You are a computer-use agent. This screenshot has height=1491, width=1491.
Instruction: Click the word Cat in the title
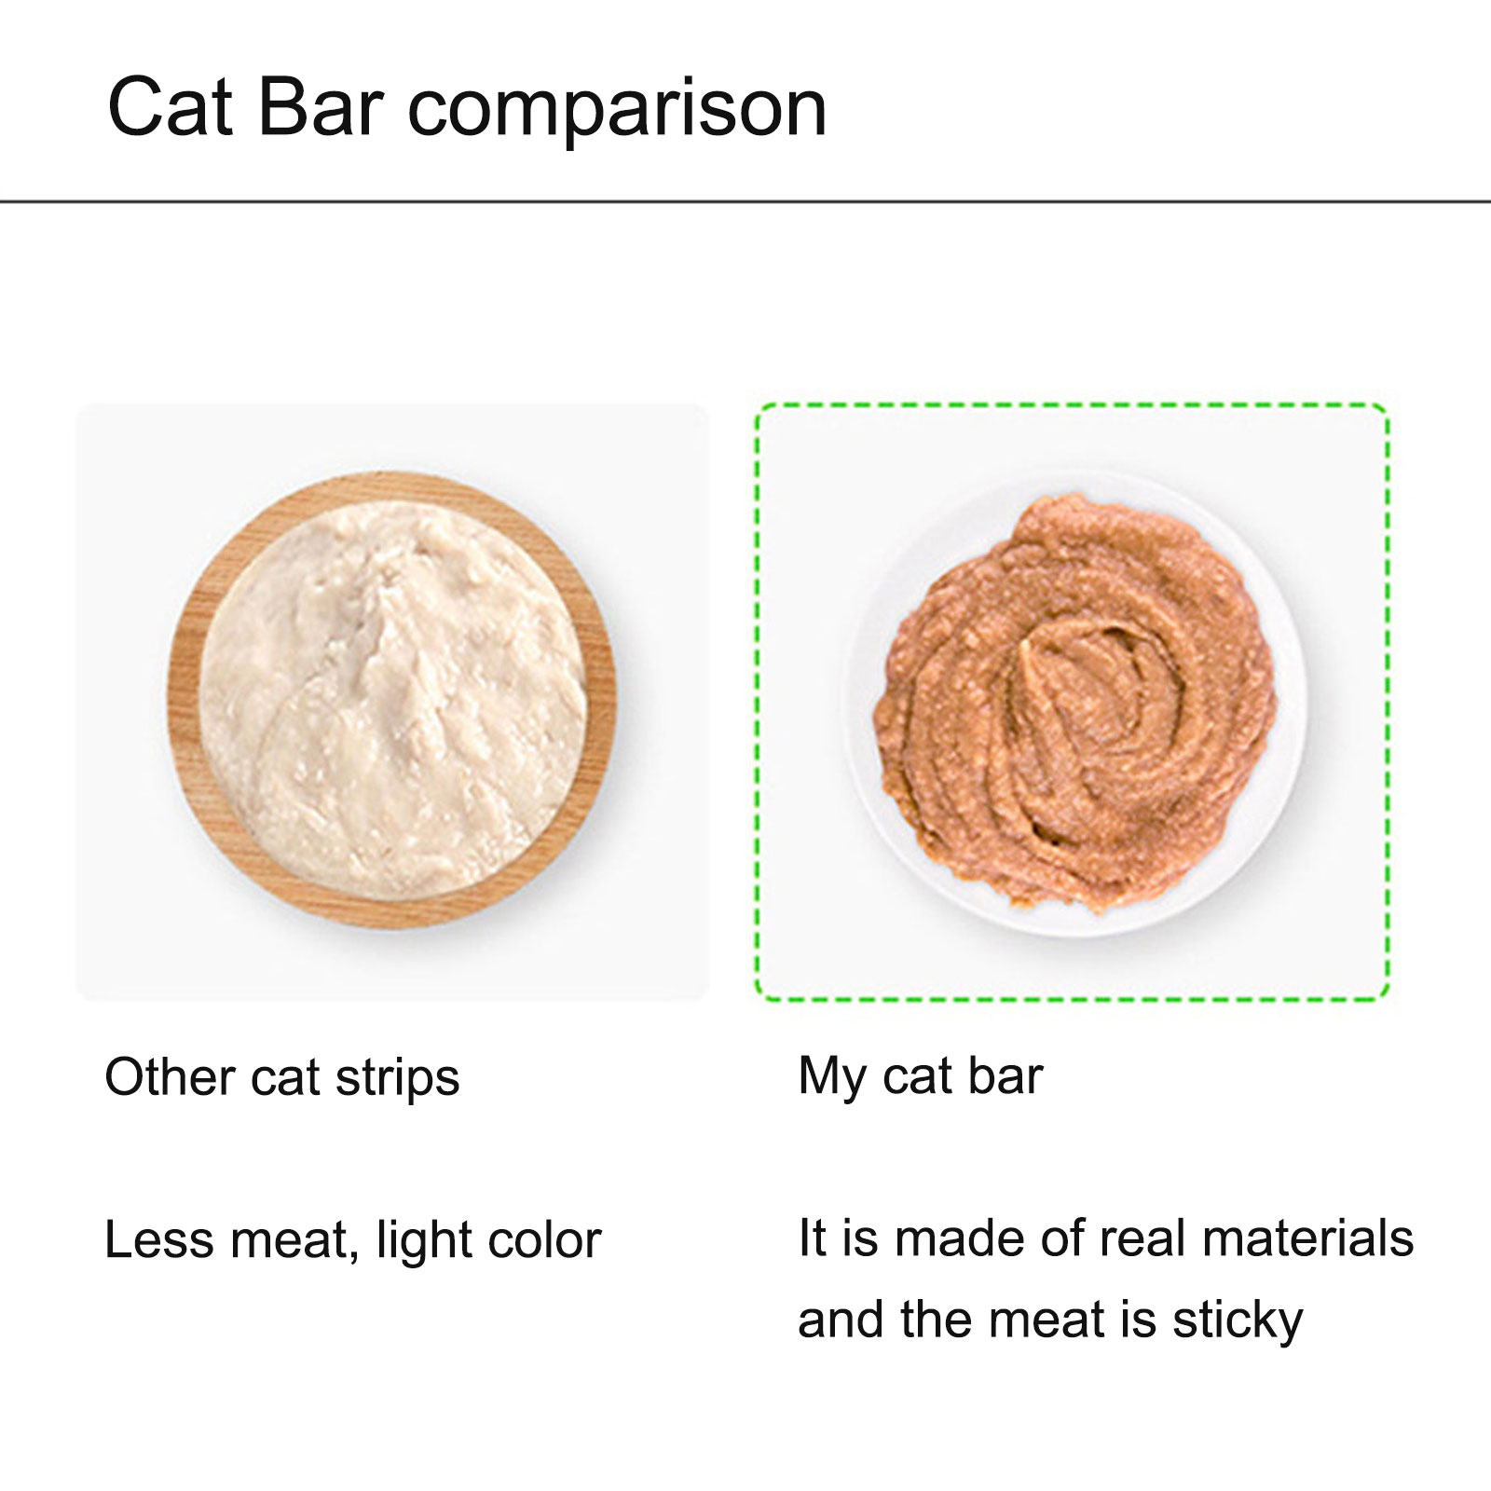[x=170, y=107]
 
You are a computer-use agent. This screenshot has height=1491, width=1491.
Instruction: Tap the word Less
[x=159, y=1240]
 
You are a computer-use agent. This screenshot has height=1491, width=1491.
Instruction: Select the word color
[x=545, y=1240]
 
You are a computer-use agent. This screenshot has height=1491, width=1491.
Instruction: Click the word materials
[x=1308, y=1238]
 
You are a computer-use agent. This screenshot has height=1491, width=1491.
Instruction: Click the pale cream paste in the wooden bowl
[x=392, y=699]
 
